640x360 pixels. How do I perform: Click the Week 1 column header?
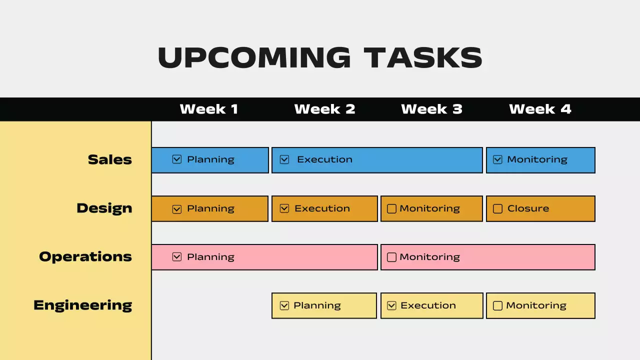(209, 109)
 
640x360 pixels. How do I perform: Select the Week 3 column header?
(431, 109)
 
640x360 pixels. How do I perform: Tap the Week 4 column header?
(540, 109)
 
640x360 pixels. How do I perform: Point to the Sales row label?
(110, 159)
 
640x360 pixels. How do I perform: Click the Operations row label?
(85, 256)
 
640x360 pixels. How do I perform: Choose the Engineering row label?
(83, 305)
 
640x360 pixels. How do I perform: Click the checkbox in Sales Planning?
(176, 159)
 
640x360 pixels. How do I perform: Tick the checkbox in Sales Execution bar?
(284, 159)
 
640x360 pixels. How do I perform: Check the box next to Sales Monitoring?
(497, 159)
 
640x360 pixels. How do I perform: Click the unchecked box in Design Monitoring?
(391, 208)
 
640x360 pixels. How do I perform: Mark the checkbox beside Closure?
(497, 208)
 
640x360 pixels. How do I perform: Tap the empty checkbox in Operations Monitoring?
(391, 257)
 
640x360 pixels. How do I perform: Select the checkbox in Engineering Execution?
(392, 305)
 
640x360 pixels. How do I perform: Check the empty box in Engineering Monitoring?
(497, 305)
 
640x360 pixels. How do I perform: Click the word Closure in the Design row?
(528, 208)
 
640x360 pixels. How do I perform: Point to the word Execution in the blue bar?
(324, 159)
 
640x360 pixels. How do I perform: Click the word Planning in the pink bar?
(210, 257)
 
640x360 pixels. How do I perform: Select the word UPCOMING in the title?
(254, 57)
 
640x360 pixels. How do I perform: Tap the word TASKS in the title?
(423, 57)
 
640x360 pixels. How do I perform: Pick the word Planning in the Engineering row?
(317, 305)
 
